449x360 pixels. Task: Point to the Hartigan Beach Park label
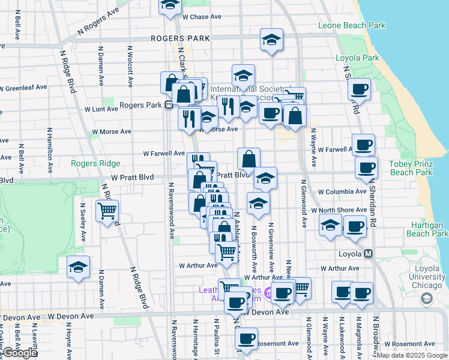pos(427,229)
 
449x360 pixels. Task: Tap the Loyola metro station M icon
pos(367,254)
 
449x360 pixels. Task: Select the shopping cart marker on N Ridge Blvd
pos(107,211)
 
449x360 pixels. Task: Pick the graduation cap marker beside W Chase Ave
pos(170,5)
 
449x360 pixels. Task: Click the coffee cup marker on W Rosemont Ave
pos(246,338)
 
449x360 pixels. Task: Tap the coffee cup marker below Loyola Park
pos(359,89)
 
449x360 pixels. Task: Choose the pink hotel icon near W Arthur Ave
pos(269,294)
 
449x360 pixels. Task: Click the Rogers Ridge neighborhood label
pos(95,163)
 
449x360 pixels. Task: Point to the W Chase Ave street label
pos(202,17)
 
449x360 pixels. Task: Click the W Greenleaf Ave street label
pos(23,88)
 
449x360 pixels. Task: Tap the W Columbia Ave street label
pos(342,191)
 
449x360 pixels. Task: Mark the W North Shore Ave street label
pos(342,210)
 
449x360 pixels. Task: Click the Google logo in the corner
pos(19,353)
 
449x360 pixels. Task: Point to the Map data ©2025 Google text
pos(411,356)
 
